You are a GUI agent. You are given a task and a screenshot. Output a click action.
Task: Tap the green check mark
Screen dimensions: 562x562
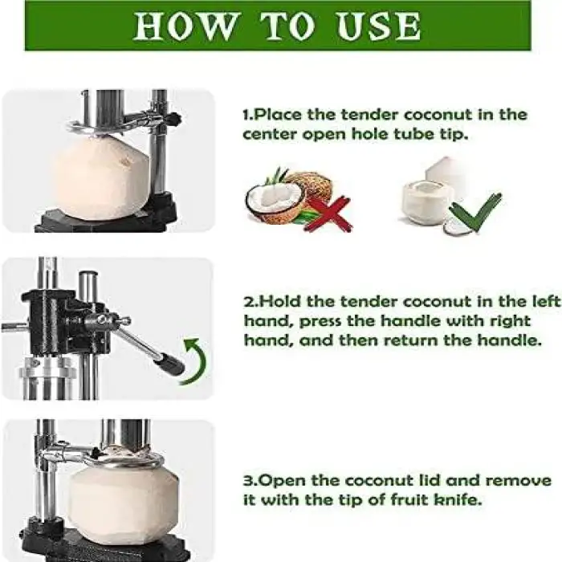point(475,211)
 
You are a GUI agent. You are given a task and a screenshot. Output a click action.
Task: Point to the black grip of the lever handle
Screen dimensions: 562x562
point(170,365)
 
